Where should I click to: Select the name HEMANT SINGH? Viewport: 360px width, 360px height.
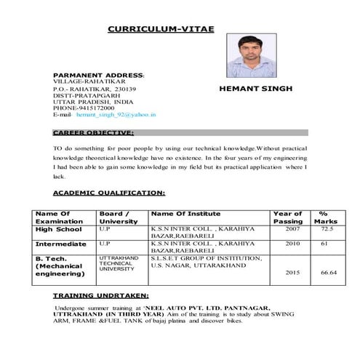point(255,88)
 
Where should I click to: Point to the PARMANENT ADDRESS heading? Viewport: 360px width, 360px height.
point(99,75)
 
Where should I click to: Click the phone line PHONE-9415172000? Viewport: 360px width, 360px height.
point(84,108)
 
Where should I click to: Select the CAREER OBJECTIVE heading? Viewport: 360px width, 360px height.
point(93,133)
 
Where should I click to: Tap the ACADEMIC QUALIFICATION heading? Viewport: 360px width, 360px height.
point(109,193)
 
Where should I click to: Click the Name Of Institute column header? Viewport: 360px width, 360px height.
point(185,213)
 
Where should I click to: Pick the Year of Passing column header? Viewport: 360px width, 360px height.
point(288,217)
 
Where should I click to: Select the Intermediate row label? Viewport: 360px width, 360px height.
point(61,244)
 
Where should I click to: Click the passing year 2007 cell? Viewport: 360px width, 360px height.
point(292,228)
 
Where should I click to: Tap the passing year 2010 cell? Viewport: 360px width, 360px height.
point(292,244)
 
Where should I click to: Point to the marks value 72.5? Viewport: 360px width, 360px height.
point(327,228)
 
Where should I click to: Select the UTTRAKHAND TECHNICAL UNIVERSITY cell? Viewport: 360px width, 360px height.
point(119,263)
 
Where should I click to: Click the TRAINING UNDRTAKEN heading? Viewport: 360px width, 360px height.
point(100,296)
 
